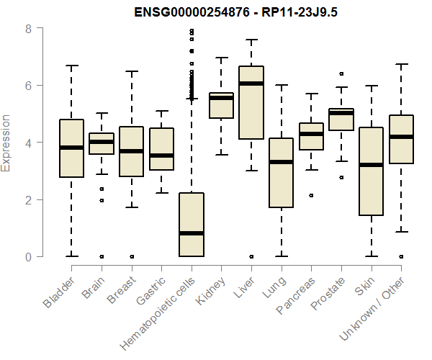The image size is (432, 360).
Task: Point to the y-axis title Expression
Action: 6,143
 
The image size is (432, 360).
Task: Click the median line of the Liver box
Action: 251,84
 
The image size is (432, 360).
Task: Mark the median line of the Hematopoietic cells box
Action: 191,233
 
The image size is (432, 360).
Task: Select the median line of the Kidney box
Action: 221,98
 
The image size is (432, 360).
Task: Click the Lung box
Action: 281,173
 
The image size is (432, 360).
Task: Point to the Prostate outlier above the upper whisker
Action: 341,73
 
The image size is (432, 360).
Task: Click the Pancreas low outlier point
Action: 311,195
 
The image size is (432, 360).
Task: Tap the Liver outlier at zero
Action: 251,256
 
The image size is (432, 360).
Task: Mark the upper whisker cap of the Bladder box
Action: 71,66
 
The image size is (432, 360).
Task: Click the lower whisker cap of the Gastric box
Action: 161,193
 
